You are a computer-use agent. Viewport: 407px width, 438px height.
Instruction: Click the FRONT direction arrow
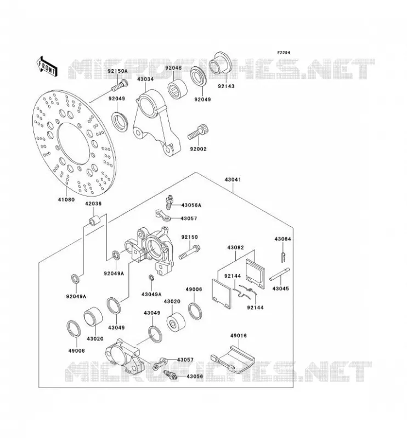tap(47, 66)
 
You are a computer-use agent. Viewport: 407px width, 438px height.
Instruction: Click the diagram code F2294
tap(284, 53)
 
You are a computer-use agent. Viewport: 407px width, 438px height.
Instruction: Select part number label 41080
tap(66, 199)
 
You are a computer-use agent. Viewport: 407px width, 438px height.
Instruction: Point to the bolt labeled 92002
tap(198, 132)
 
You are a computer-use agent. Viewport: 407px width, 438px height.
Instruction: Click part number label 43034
tap(145, 79)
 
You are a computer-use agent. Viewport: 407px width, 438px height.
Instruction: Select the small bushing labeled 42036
tap(94, 220)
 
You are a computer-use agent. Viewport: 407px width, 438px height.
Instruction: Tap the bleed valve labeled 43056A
tap(169, 202)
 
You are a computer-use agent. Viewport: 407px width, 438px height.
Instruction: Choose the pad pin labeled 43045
tap(280, 274)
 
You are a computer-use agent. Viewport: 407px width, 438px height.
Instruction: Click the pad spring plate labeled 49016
tap(232, 360)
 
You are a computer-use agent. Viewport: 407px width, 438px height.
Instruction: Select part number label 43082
tap(235, 247)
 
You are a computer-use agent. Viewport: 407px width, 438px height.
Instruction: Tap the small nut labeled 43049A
tap(151, 278)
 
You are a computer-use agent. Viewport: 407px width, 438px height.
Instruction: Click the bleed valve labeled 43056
tap(170, 374)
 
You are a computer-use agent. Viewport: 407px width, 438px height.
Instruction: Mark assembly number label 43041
tap(233, 180)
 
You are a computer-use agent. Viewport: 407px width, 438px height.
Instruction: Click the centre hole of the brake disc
tap(74, 143)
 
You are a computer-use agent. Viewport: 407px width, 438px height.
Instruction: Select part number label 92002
tap(198, 149)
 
